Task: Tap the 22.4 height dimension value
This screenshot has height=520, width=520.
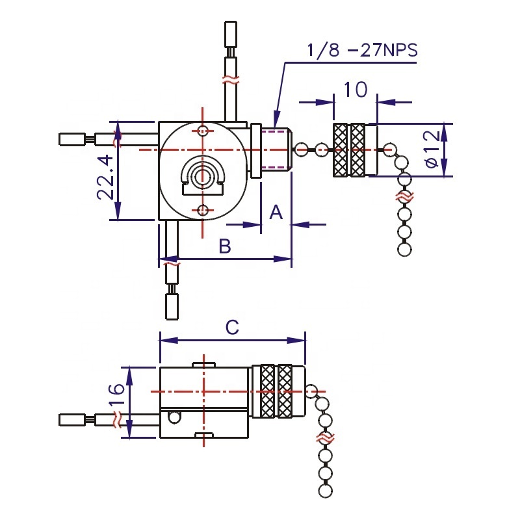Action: pyautogui.click(x=107, y=177)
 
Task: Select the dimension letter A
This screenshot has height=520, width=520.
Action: pyautogui.click(x=276, y=211)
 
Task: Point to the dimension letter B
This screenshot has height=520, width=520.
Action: pyautogui.click(x=224, y=246)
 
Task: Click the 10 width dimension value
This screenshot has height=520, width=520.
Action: pyautogui.click(x=356, y=89)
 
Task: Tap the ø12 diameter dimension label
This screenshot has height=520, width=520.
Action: pyautogui.click(x=434, y=149)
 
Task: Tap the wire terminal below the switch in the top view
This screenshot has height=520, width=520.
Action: pyautogui.click(x=172, y=305)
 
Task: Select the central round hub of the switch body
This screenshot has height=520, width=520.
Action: pyautogui.click(x=202, y=175)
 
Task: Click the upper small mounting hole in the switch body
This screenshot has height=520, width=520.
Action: pyautogui.click(x=203, y=131)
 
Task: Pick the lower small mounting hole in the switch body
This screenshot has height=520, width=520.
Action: pyautogui.click(x=203, y=209)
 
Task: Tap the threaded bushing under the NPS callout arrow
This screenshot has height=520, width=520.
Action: pyautogui.click(x=276, y=149)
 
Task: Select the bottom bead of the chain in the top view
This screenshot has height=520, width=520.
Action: pyautogui.click(x=404, y=249)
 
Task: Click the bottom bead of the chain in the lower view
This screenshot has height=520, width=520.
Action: pyautogui.click(x=326, y=490)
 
